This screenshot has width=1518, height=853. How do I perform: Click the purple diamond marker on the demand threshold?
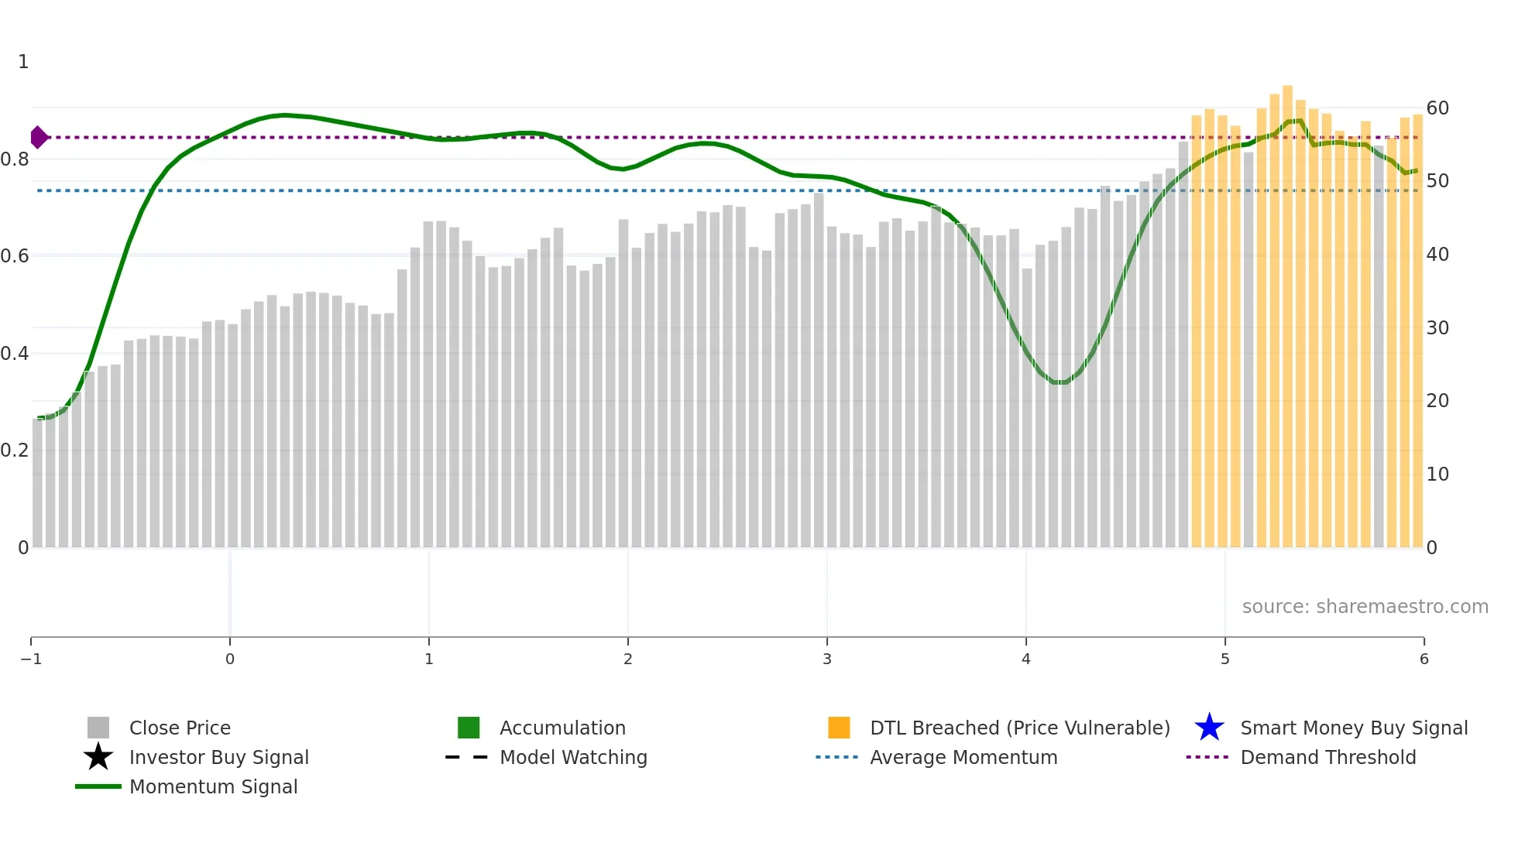point(39,138)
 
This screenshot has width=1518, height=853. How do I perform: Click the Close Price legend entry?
point(180,728)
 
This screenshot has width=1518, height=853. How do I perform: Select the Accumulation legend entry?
point(562,728)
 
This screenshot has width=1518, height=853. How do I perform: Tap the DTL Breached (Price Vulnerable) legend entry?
point(1019,728)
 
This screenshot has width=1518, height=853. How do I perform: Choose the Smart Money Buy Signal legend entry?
point(1354,728)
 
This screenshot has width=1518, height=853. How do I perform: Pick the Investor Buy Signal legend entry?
point(218,757)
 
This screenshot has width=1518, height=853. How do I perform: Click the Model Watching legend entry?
point(573,757)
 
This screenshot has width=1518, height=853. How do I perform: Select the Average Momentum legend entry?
point(963,757)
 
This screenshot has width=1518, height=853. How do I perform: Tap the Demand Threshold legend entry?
point(1327,757)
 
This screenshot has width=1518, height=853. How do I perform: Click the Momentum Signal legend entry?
point(213,786)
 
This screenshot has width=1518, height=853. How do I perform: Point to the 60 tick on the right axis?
point(1437,108)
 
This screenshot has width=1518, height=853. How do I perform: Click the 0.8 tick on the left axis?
point(15,159)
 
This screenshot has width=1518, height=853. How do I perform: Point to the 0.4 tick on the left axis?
point(15,354)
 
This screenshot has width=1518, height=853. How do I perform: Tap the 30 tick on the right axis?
point(1437,328)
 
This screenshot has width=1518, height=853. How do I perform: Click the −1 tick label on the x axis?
point(31,659)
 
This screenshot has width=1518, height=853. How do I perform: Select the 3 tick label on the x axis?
point(827,659)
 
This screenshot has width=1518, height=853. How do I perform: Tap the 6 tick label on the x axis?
point(1424,659)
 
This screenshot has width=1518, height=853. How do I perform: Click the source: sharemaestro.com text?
point(1365,607)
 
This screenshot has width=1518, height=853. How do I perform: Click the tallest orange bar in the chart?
point(1287,310)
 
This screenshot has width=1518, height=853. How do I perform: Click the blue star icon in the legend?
point(1209,728)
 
